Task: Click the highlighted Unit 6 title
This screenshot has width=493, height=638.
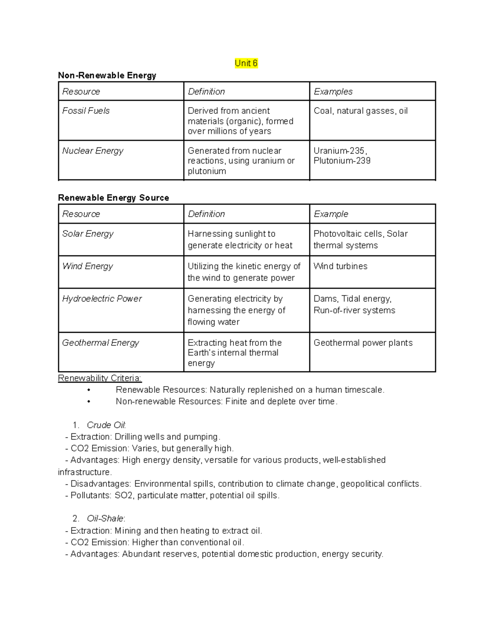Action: tap(246, 63)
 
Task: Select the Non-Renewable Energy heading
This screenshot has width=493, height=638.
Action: tap(107, 75)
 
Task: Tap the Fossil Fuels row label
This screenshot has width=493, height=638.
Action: tap(86, 111)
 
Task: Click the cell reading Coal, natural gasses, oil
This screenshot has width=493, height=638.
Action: tap(360, 111)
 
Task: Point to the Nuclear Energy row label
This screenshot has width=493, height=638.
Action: tap(92, 151)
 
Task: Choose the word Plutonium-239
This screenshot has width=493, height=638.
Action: tap(342, 161)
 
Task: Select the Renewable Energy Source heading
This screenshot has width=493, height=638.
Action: tap(113, 198)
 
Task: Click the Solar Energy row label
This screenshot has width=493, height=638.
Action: tap(88, 233)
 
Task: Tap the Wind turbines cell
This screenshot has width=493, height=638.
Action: tap(340, 266)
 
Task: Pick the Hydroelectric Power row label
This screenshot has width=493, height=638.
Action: tap(102, 299)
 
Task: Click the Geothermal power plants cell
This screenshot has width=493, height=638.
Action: tap(363, 343)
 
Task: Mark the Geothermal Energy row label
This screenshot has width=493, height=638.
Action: tap(100, 343)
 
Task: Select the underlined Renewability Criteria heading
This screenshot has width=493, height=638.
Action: tap(99, 378)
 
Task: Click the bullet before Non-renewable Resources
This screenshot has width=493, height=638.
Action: tap(89, 402)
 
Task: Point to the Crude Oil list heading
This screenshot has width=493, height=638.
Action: tap(106, 425)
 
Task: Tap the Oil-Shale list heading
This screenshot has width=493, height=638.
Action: tap(106, 518)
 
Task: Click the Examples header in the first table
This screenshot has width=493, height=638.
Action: tap(333, 92)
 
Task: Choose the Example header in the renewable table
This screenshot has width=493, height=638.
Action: tap(331, 214)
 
